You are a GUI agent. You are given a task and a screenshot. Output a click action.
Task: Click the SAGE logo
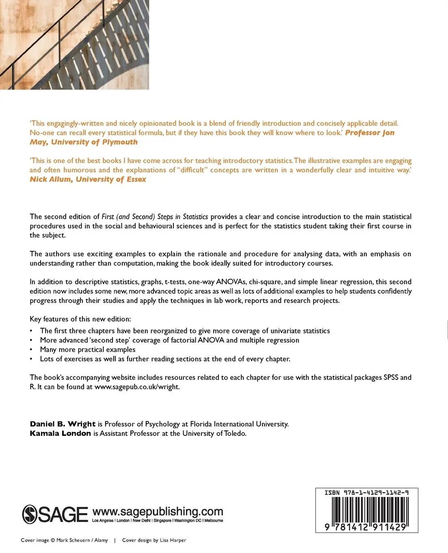tap(55, 514)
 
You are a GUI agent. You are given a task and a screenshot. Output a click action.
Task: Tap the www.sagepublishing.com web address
tap(158, 511)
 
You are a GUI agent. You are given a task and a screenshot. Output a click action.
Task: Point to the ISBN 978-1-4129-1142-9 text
tap(366, 492)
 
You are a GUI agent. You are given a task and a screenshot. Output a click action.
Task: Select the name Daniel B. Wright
tap(63, 424)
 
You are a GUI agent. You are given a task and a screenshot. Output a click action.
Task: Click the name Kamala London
tap(60, 433)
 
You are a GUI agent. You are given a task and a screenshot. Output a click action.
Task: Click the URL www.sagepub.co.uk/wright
tap(137, 387)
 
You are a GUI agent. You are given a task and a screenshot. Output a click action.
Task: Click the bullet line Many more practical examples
tap(88, 350)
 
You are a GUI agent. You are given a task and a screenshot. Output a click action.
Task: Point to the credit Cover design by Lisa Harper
tap(154, 540)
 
